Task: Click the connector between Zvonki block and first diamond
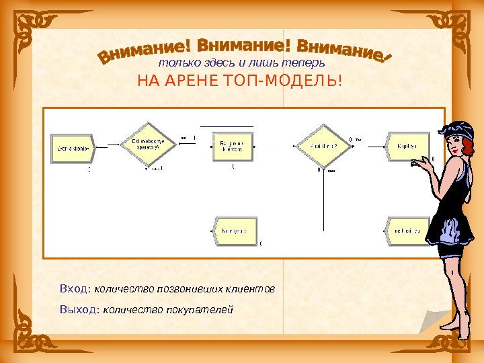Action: coord(108,145)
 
